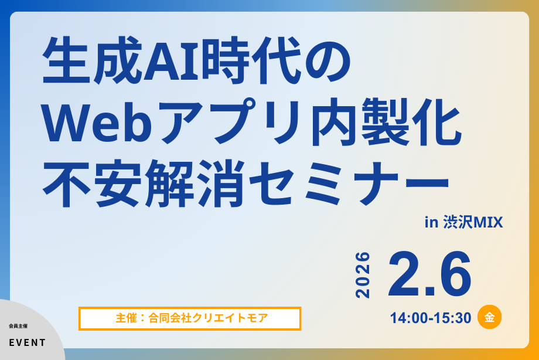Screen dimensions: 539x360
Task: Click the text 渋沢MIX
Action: coord(473,222)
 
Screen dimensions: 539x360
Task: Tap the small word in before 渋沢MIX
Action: coord(431,222)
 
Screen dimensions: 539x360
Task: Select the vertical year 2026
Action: coord(363,275)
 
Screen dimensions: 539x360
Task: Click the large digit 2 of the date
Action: coord(405,274)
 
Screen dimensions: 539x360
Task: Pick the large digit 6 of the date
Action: coord(453,274)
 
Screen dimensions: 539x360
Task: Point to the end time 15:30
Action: coord(453,318)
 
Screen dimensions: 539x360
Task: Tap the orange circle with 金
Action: coord(490,317)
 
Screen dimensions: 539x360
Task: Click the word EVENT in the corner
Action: coord(27,343)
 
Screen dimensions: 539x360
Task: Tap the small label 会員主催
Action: coord(18,325)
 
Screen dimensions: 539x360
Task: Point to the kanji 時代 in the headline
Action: coord(251,60)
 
